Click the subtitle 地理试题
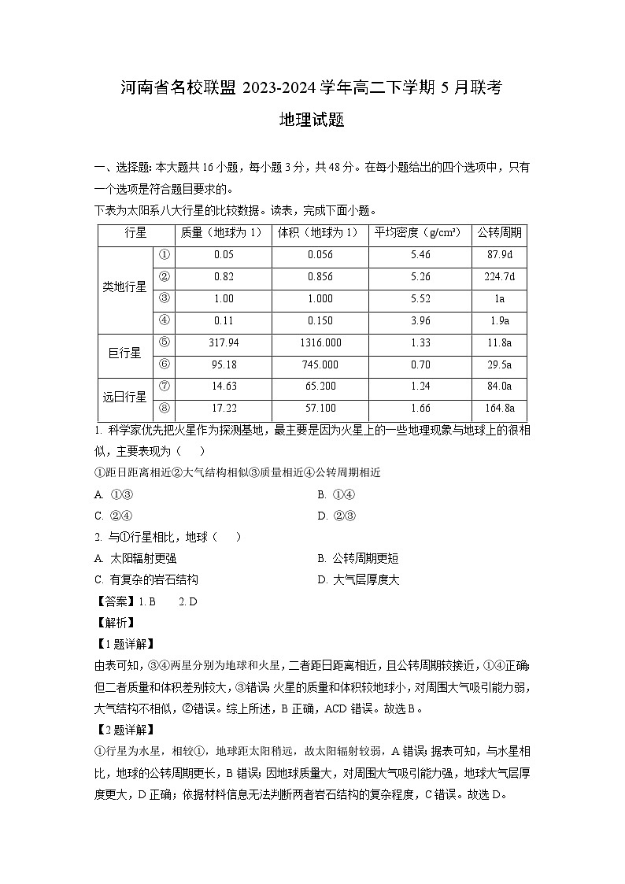point(312,120)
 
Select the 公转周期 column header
point(500,233)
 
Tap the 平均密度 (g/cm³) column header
point(420,233)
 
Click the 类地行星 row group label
point(124,287)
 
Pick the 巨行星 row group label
point(124,353)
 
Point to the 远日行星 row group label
point(124,397)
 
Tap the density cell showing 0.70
point(420,364)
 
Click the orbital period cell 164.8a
point(500,409)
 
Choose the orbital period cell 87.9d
point(500,255)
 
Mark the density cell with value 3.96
point(420,320)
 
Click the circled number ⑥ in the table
point(165,364)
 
